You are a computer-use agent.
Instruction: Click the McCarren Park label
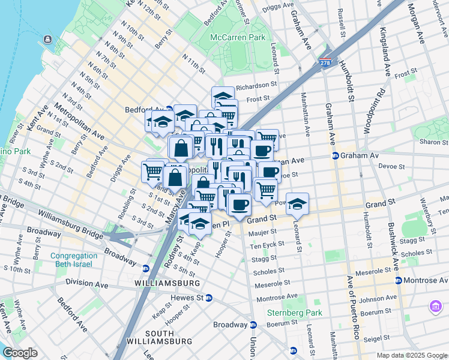(x=237, y=37)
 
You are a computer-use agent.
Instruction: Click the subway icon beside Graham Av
(x=335, y=155)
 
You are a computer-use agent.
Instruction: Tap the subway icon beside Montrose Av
(x=397, y=280)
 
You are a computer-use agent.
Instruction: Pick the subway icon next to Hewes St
(x=209, y=298)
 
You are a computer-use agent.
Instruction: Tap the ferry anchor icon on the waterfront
(x=47, y=40)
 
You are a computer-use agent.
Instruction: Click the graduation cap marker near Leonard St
(x=297, y=204)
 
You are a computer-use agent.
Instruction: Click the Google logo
(x=20, y=353)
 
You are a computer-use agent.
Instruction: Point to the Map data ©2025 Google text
(x=411, y=355)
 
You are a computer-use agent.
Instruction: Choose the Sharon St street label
(x=430, y=142)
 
